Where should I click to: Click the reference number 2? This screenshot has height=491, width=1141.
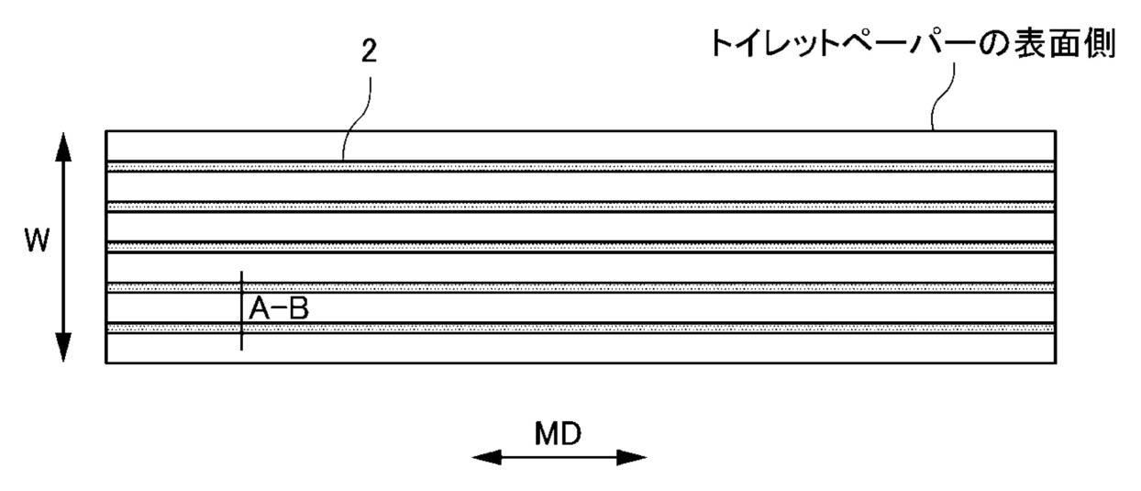pos(368,52)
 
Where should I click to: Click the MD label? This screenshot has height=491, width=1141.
pos(559,433)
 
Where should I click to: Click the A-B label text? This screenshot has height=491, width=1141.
pos(279,310)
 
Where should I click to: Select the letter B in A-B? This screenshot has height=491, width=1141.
pos(298,310)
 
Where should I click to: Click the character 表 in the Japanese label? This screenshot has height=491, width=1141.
pos(1014,45)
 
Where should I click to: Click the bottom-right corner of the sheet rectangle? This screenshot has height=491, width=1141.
pos(1056,363)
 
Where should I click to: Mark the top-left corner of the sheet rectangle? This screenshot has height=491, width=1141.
pos(106,131)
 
